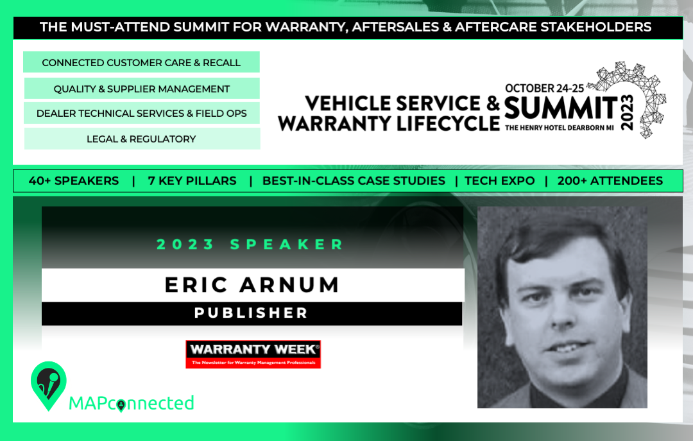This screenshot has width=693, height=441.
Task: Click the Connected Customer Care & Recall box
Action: pyautogui.click(x=141, y=62)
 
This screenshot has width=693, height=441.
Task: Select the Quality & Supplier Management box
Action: pyautogui.click(x=141, y=89)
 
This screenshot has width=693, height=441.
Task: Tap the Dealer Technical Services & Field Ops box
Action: pyautogui.click(x=141, y=113)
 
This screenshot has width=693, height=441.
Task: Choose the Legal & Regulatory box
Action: pyautogui.click(x=141, y=139)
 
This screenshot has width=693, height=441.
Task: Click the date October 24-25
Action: pyautogui.click(x=545, y=88)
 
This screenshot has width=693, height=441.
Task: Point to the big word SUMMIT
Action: pyautogui.click(x=561, y=108)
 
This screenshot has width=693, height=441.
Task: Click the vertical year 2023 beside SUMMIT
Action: pyautogui.click(x=627, y=112)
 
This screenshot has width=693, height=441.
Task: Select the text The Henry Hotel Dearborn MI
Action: pyautogui.click(x=559, y=128)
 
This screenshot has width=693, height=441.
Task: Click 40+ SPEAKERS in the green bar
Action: pyautogui.click(x=74, y=181)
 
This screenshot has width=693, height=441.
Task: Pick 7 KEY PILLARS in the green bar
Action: pyautogui.click(x=193, y=181)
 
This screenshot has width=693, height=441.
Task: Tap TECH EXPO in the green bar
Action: pyautogui.click(x=499, y=181)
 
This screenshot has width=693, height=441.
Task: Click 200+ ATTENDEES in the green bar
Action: pyautogui.click(x=610, y=181)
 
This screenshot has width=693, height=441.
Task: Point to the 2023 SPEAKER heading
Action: pyautogui.click(x=250, y=244)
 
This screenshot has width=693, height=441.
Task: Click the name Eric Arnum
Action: pyautogui.click(x=252, y=285)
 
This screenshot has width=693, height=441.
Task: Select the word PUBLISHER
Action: pyautogui.click(x=251, y=313)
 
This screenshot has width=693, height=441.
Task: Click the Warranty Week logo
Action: pyautogui.click(x=253, y=354)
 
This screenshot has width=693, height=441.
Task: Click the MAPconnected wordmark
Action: pyautogui.click(x=132, y=403)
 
